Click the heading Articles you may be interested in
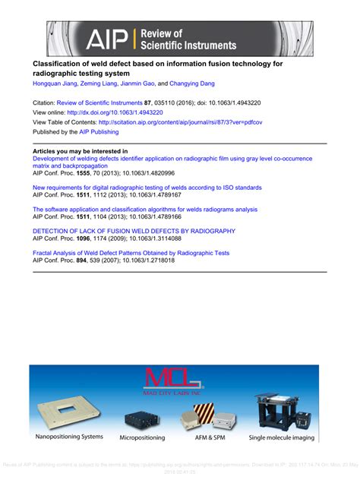[x=80, y=151]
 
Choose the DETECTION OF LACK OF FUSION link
[x=134, y=231]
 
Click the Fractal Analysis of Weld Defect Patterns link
[x=131, y=253]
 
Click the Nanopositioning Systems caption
[x=70, y=437]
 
